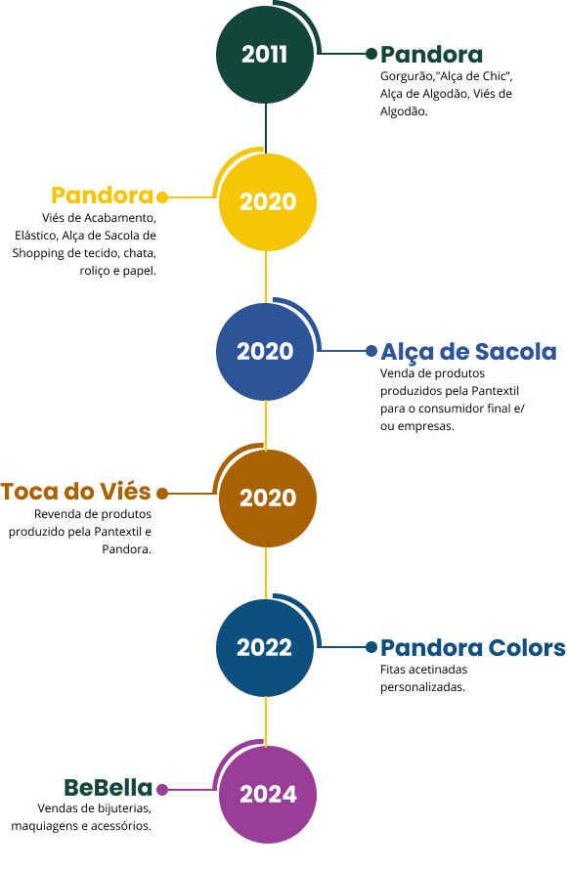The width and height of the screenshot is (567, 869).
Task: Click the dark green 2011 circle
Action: pos(265,55)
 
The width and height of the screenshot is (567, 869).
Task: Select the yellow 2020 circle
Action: pos(268,201)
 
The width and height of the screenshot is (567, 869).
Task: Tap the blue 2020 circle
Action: pos(265,351)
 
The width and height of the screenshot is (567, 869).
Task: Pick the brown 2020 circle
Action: pos(268,499)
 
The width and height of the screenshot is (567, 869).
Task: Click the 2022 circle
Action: pos(265,648)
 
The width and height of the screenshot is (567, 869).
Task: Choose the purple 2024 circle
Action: pos(268,795)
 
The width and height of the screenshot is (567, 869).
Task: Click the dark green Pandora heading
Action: pos(431,55)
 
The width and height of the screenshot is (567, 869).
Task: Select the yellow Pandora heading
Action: pos(102,196)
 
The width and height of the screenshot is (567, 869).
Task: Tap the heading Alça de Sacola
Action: pos(468,353)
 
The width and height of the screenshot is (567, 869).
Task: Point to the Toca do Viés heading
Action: pos(76,492)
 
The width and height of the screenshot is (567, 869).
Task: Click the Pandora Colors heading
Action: pos(473,648)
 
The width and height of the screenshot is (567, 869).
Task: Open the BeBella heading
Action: pos(109,788)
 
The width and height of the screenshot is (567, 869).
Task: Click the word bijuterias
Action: pos(122,808)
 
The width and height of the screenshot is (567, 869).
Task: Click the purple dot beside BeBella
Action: pos(162,789)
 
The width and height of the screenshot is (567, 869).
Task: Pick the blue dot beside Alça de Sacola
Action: pos(371,350)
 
